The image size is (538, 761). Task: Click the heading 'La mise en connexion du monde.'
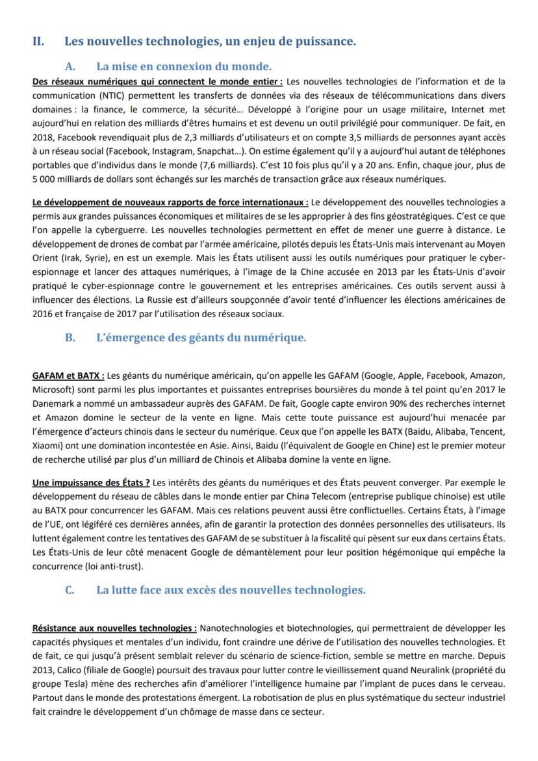184,66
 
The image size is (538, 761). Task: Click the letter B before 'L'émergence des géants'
70,337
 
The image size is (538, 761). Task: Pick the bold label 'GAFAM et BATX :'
68,376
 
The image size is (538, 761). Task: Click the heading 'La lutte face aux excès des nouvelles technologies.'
231,590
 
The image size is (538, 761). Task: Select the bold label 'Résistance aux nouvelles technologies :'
114,628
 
